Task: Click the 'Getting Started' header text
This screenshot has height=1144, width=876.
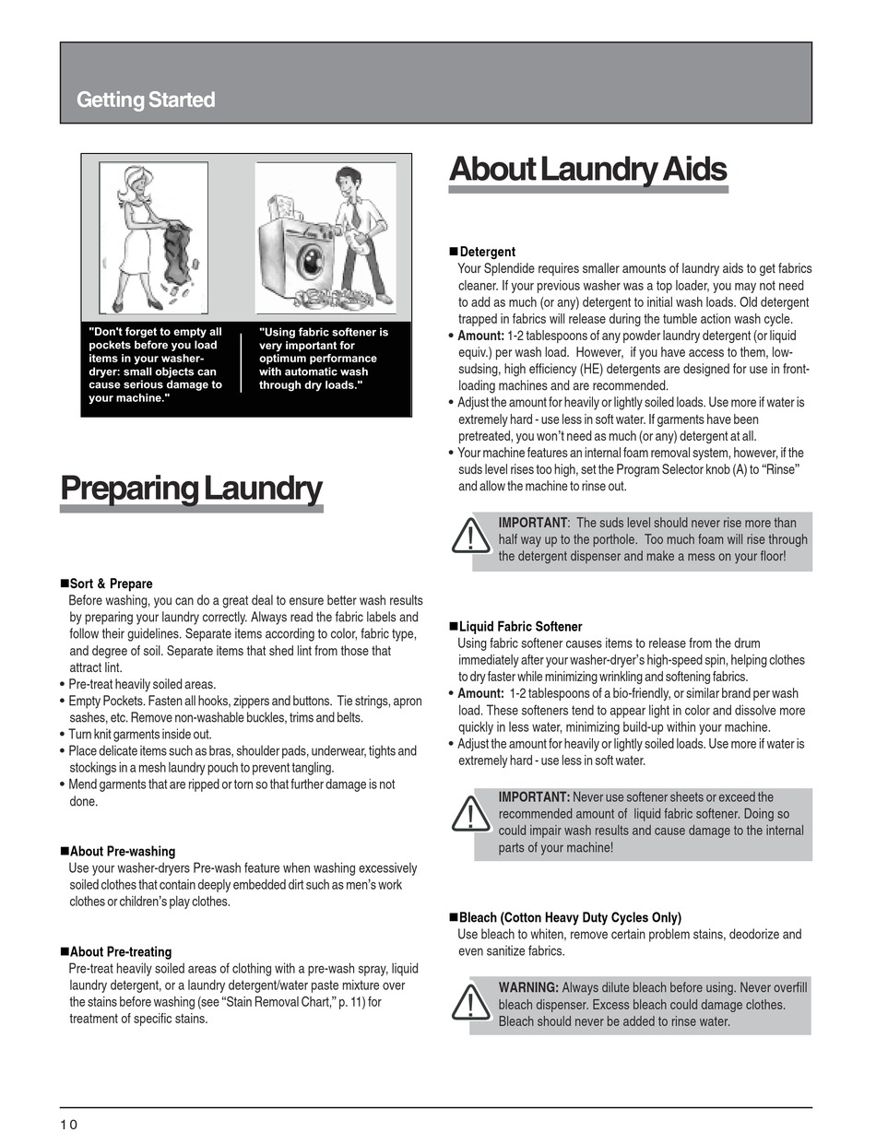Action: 146,100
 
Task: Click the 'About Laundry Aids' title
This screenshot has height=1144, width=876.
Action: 587,170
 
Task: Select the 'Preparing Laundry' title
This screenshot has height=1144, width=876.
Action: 191,489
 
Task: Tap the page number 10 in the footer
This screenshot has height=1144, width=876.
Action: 69,1124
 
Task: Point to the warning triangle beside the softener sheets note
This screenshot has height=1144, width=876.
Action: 471,813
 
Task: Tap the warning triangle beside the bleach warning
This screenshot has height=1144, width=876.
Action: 471,1003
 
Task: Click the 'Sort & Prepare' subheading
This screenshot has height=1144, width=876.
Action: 111,584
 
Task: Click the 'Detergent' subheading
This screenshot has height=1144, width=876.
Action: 487,252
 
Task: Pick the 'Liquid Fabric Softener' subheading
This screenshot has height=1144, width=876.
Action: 520,627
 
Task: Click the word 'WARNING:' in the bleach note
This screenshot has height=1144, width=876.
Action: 528,988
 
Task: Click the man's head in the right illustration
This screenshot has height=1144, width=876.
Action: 347,181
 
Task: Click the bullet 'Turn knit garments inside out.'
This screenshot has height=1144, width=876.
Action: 140,735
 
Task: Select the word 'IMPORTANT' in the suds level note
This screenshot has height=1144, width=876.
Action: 533,523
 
